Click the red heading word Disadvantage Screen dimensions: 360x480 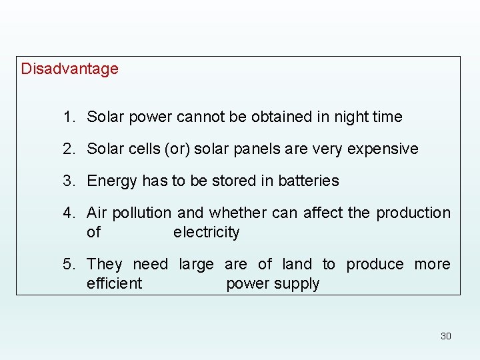tap(69, 69)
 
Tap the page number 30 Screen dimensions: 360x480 tap(445, 336)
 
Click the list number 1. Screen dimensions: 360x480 tap(68, 117)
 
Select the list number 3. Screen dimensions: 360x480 tap(68, 181)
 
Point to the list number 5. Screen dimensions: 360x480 tap(68, 264)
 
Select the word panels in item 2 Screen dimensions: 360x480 tap(257, 149)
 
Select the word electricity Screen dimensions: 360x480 tap(206, 232)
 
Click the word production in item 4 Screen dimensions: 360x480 tap(413, 213)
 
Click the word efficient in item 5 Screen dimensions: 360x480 tap(114, 283)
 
